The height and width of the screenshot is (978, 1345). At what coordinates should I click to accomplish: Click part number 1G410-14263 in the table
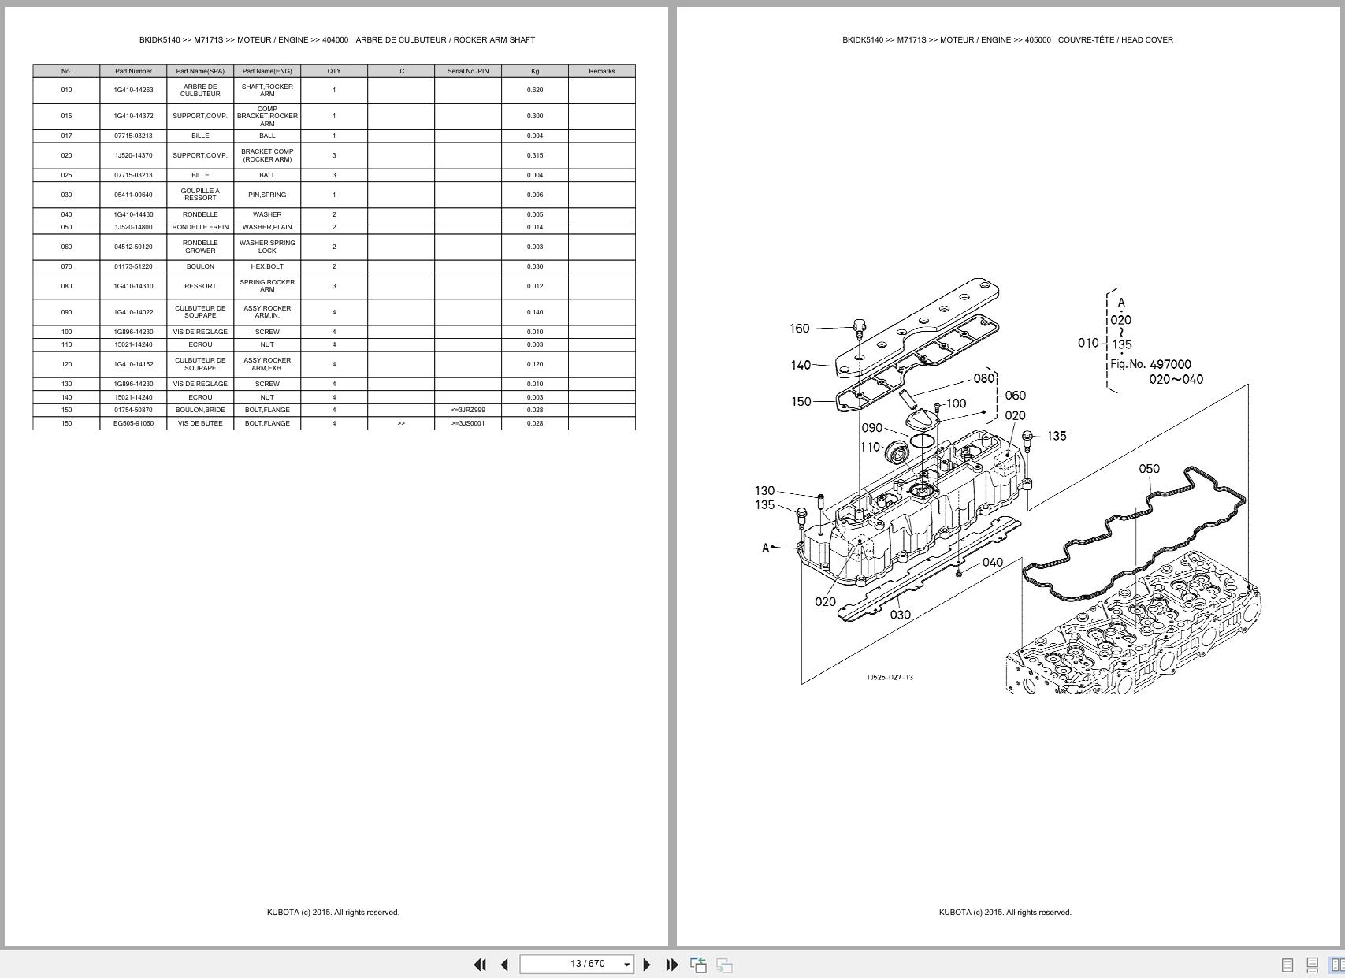tap(133, 90)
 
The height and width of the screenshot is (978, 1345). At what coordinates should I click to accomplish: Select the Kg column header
tap(534, 71)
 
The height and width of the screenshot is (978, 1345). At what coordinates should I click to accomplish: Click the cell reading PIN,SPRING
tap(267, 195)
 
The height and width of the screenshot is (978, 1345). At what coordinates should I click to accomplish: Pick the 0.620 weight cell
tap(534, 90)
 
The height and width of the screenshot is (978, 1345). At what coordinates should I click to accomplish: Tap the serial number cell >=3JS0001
tap(467, 423)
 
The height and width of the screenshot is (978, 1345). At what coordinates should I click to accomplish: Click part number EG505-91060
tap(133, 423)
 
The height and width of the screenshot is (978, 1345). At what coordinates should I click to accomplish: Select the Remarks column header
tap(601, 71)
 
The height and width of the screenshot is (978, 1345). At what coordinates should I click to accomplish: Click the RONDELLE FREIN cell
tap(200, 227)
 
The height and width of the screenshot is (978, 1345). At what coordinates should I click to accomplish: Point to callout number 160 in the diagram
tap(799, 328)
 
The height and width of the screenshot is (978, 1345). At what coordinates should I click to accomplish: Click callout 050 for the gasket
tap(1149, 469)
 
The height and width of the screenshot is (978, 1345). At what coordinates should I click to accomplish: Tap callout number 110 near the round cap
tap(870, 447)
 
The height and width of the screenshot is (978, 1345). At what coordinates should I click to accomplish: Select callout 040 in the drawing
tap(993, 562)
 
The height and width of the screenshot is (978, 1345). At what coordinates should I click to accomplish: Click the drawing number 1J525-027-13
tap(890, 677)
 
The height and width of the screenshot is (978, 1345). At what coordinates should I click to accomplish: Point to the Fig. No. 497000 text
tap(1150, 364)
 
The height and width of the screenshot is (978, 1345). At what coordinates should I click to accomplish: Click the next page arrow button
tap(647, 964)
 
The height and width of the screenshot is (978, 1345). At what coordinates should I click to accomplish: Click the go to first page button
tap(479, 964)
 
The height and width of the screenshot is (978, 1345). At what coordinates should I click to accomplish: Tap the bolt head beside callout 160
tap(860, 325)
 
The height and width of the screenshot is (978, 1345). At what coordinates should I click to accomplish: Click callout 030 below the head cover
tap(900, 615)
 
